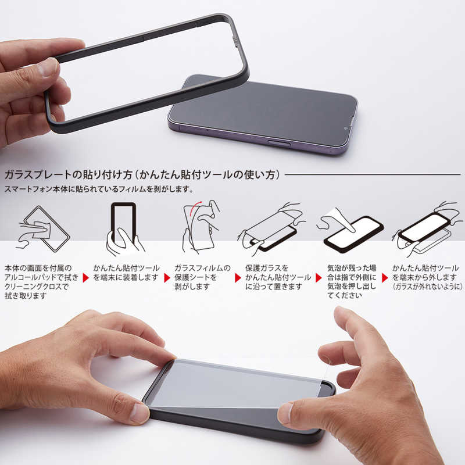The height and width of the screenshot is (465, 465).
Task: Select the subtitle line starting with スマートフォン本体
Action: click(99, 189)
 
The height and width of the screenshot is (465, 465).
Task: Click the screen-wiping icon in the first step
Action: click(44, 228)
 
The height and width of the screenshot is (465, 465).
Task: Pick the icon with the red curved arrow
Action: click(201, 227)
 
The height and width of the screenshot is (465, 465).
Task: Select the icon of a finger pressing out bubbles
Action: click(349, 228)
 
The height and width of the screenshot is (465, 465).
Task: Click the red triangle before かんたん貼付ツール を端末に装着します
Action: click(87, 277)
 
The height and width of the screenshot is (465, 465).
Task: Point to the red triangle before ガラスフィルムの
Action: click(167, 277)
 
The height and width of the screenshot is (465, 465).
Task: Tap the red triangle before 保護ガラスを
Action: click(238, 277)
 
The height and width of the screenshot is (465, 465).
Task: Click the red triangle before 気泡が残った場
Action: click(319, 277)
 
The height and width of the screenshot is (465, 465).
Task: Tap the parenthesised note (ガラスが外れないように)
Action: click(427, 287)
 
